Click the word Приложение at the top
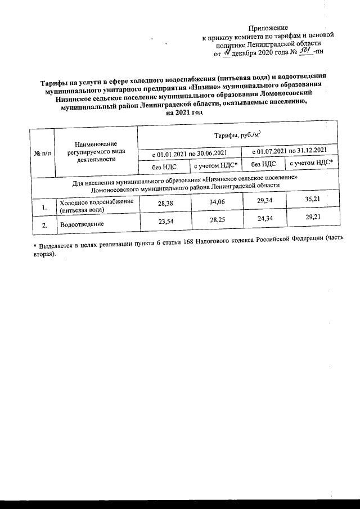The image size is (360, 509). tap(268, 27)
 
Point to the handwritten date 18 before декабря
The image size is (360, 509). tap(227, 53)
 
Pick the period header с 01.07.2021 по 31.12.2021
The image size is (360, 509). tap(289, 151)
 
